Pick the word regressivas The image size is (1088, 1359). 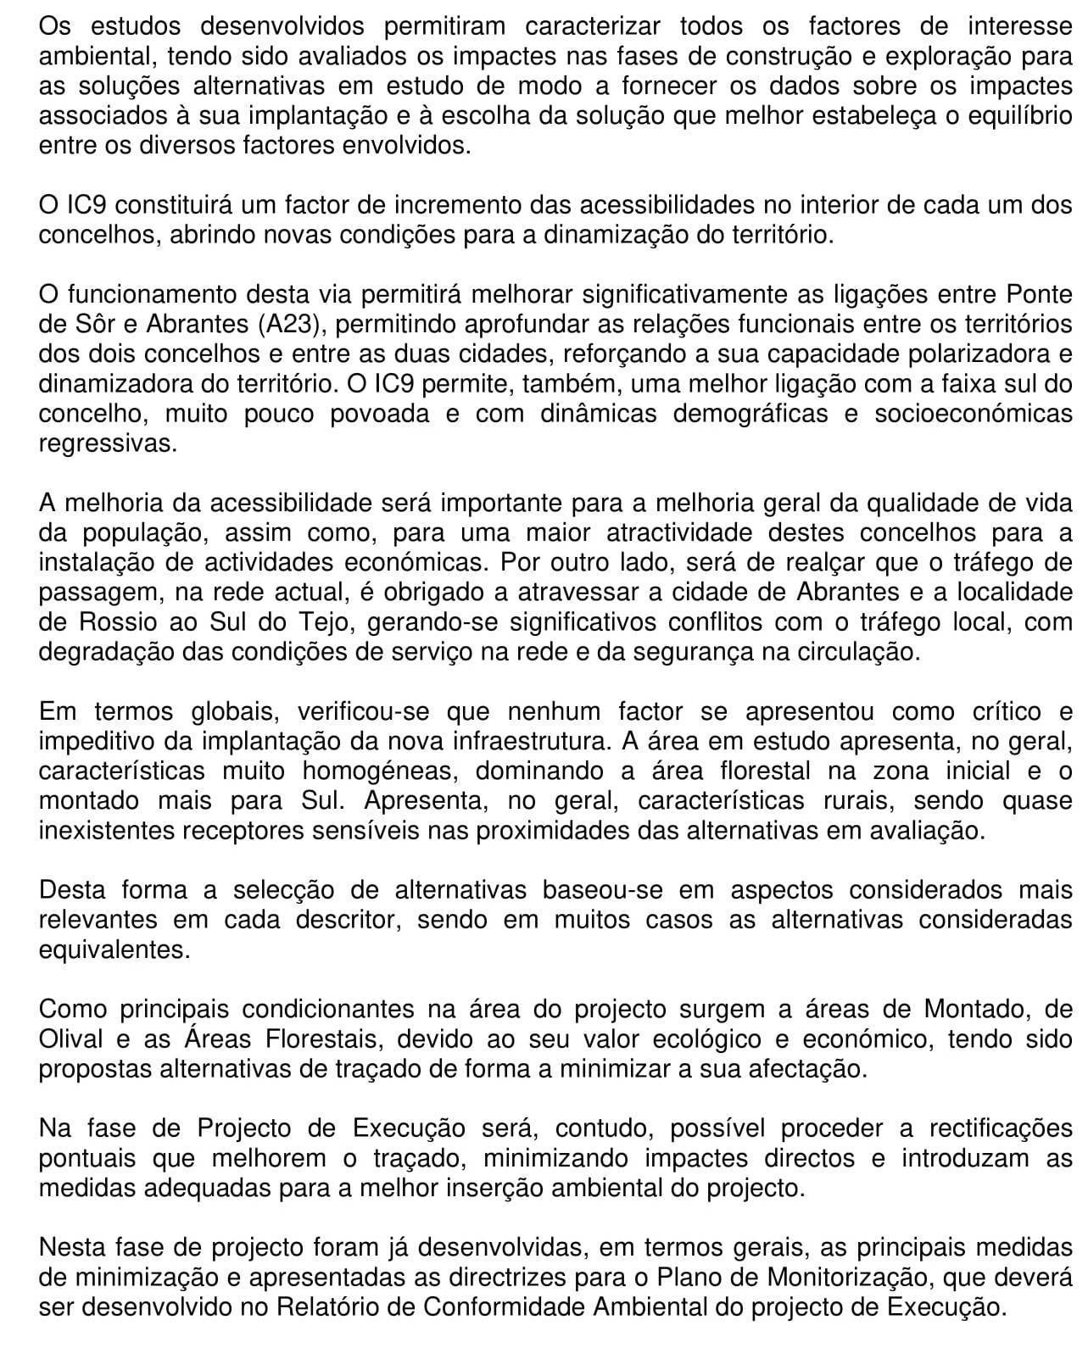tap(108, 443)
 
